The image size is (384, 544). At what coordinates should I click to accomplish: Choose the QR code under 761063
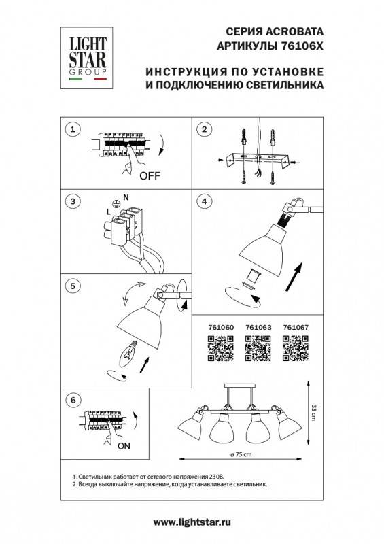[257, 350]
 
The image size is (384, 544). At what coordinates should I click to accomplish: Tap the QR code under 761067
[295, 350]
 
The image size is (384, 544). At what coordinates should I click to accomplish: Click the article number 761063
[257, 328]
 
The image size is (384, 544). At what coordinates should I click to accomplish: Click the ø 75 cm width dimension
[236, 454]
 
